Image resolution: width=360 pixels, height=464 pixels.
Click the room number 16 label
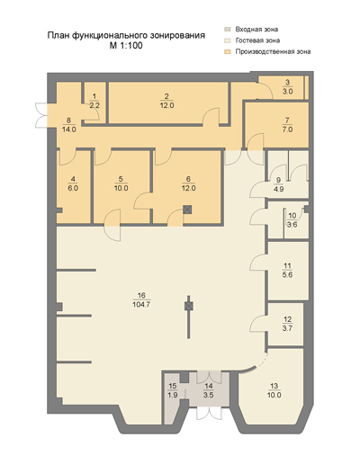point(141,295)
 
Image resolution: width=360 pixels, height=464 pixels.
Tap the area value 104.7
point(141,305)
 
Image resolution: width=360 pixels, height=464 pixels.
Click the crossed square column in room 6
point(187,210)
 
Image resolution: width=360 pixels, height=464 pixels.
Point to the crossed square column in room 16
point(189,306)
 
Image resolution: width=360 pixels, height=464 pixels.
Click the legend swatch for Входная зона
point(228,30)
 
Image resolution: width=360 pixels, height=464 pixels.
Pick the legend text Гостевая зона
point(257,40)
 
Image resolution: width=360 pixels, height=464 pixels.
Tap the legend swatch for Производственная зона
point(228,51)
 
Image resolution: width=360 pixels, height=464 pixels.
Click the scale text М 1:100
point(126,46)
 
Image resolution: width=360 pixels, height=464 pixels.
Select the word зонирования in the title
point(176,35)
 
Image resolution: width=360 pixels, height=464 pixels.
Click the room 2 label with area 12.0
point(166,101)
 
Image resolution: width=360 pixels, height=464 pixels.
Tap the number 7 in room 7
point(287,120)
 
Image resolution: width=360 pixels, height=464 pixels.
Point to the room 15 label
point(173,390)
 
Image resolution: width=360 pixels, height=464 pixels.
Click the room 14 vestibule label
point(208,390)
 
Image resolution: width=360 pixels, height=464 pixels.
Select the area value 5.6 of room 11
point(287,275)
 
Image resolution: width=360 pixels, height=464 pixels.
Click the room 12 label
point(287,324)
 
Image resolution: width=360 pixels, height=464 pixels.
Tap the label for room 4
point(73,183)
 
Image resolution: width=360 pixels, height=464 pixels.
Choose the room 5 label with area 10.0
point(121,183)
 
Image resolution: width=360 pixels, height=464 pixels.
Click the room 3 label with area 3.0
point(287,87)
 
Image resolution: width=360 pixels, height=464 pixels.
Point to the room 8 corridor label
point(69,125)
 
